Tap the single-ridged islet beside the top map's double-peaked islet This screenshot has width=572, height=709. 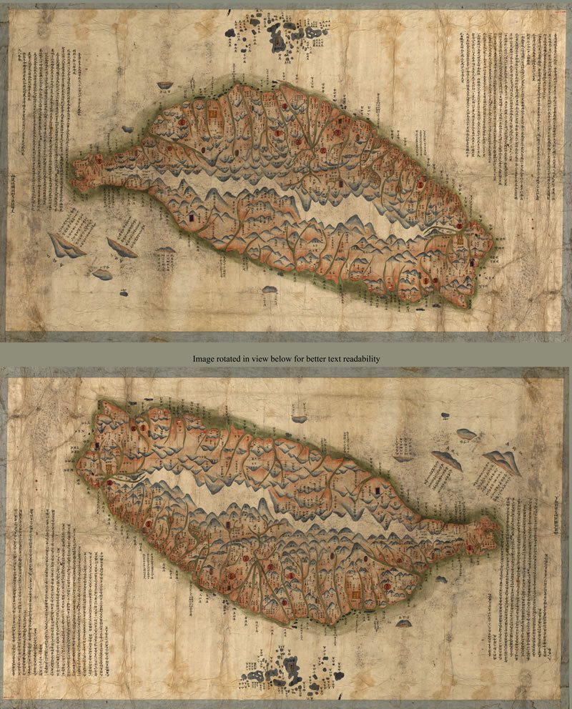click(122, 247)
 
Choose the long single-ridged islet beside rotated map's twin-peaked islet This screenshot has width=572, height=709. click(446, 458)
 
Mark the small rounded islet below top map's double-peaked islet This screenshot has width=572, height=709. click(102, 274)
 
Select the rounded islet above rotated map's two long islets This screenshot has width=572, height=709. click(466, 433)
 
